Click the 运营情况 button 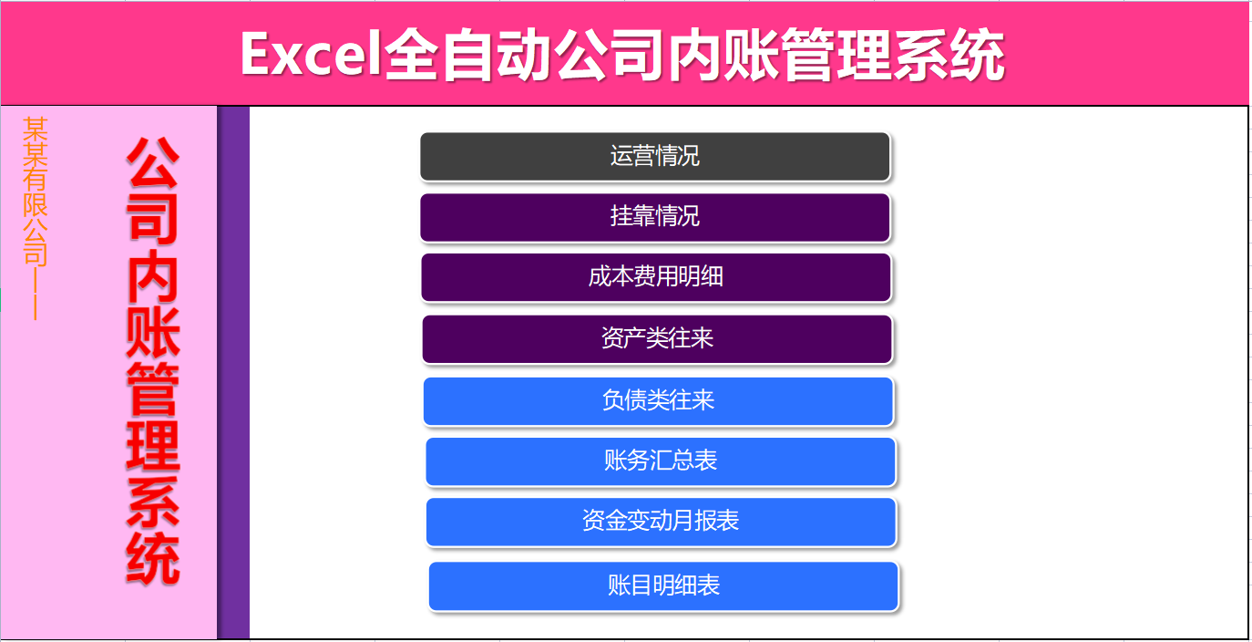(x=654, y=156)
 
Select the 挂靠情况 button (x=654, y=217)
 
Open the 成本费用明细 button (x=655, y=277)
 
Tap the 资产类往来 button (x=657, y=339)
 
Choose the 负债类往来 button (x=658, y=400)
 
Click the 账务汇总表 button (x=661, y=461)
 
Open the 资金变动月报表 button (x=661, y=522)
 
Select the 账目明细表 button (x=663, y=585)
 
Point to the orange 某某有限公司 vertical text (x=36, y=191)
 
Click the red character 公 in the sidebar (x=152, y=163)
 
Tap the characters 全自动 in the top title (x=467, y=55)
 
